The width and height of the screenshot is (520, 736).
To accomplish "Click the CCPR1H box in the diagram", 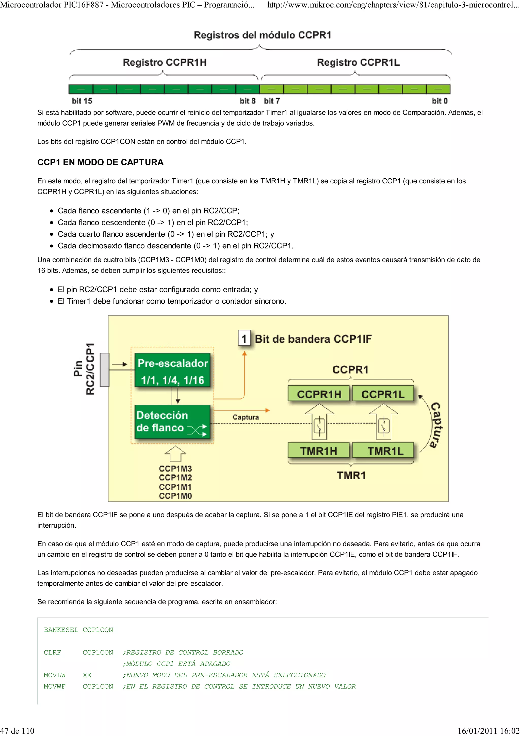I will (319, 394).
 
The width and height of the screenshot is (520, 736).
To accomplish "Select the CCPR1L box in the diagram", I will (383, 394).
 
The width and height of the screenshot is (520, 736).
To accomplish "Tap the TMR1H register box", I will (319, 451).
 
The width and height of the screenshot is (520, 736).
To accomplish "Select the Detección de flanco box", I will (172, 422).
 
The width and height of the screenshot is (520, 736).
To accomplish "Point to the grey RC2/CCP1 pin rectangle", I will (104, 370).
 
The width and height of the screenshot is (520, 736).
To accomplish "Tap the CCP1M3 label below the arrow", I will (175, 468).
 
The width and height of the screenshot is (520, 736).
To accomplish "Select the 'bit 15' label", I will (82, 101).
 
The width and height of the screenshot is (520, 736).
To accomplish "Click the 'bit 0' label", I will (440, 101).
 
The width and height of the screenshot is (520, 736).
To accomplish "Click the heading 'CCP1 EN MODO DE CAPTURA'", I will (100, 162).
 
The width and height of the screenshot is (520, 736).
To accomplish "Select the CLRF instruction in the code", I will (52, 652).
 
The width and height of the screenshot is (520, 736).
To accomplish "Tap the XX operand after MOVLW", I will (87, 675).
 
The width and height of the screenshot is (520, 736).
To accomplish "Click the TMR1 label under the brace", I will (351, 475).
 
